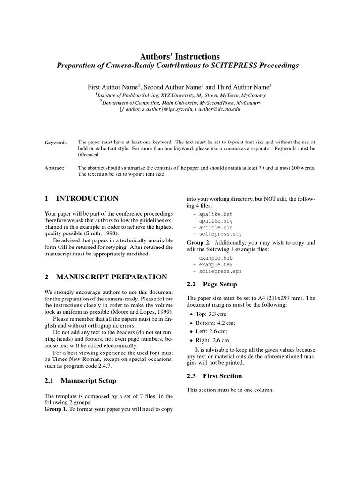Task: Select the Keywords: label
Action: (56, 142)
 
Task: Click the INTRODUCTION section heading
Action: (87, 198)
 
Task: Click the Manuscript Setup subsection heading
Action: (88, 381)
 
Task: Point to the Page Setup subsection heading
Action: (220, 284)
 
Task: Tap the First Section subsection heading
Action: (222, 376)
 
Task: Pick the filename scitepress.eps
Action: (220, 271)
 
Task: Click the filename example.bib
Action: (215, 258)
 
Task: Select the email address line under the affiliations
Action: (180, 109)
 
